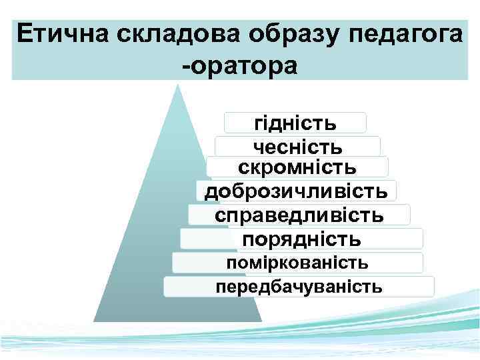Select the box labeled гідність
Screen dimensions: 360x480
[295, 123]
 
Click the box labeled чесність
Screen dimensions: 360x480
[297, 146]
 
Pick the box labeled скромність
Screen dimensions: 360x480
[297, 167]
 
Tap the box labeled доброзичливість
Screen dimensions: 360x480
[296, 191]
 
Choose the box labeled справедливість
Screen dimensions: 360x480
[299, 215]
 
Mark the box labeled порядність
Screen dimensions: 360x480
[301, 239]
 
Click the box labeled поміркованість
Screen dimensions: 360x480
[297, 263]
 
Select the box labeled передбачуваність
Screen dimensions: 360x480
[299, 287]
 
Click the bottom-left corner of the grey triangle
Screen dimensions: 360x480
[95, 321]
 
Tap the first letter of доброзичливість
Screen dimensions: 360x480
[210, 192]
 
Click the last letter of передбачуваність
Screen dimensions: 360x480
[378, 287]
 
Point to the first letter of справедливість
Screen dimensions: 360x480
[220, 215]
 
